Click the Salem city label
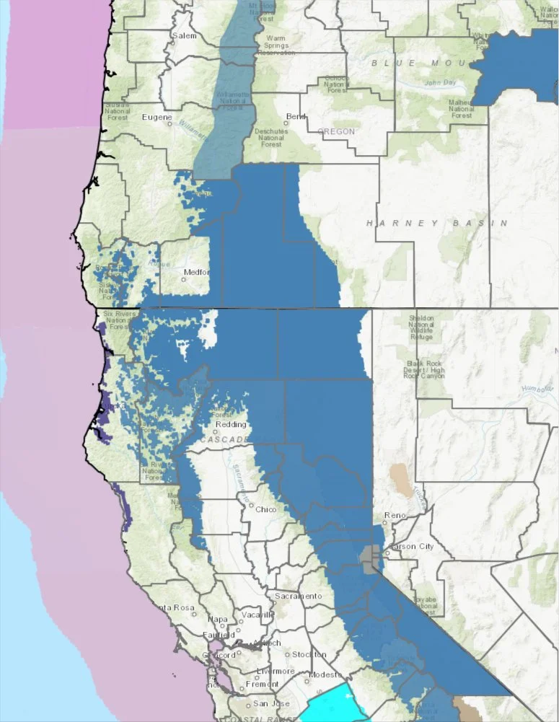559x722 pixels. [184, 35]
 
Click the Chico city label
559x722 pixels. [266, 509]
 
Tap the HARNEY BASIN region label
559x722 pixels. [437, 224]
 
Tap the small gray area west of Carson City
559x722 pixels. [369, 558]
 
